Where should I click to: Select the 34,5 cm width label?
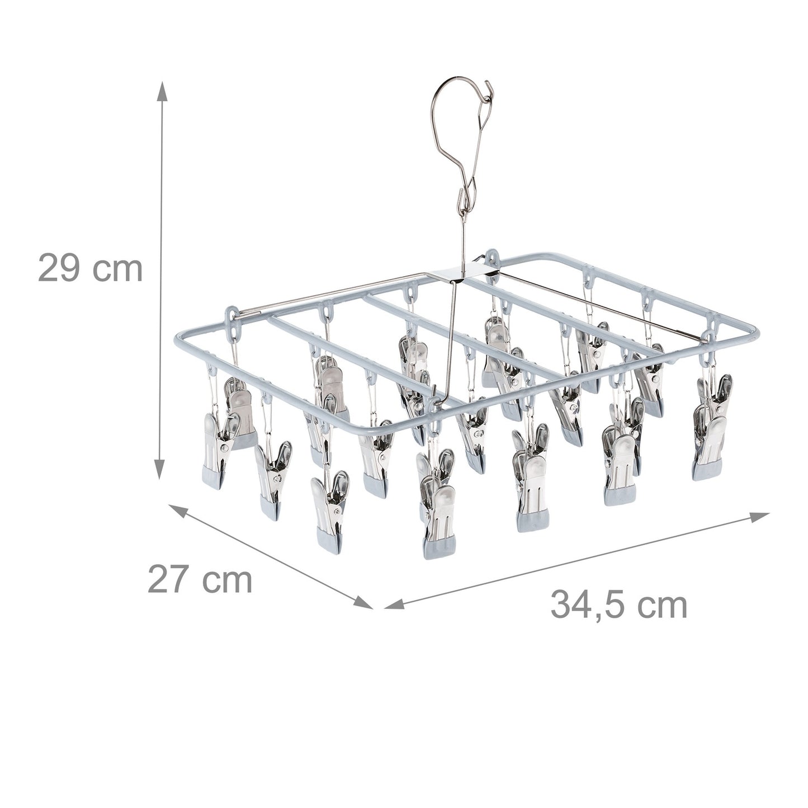pos(619,604)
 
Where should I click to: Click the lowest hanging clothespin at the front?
pos(439,520)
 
